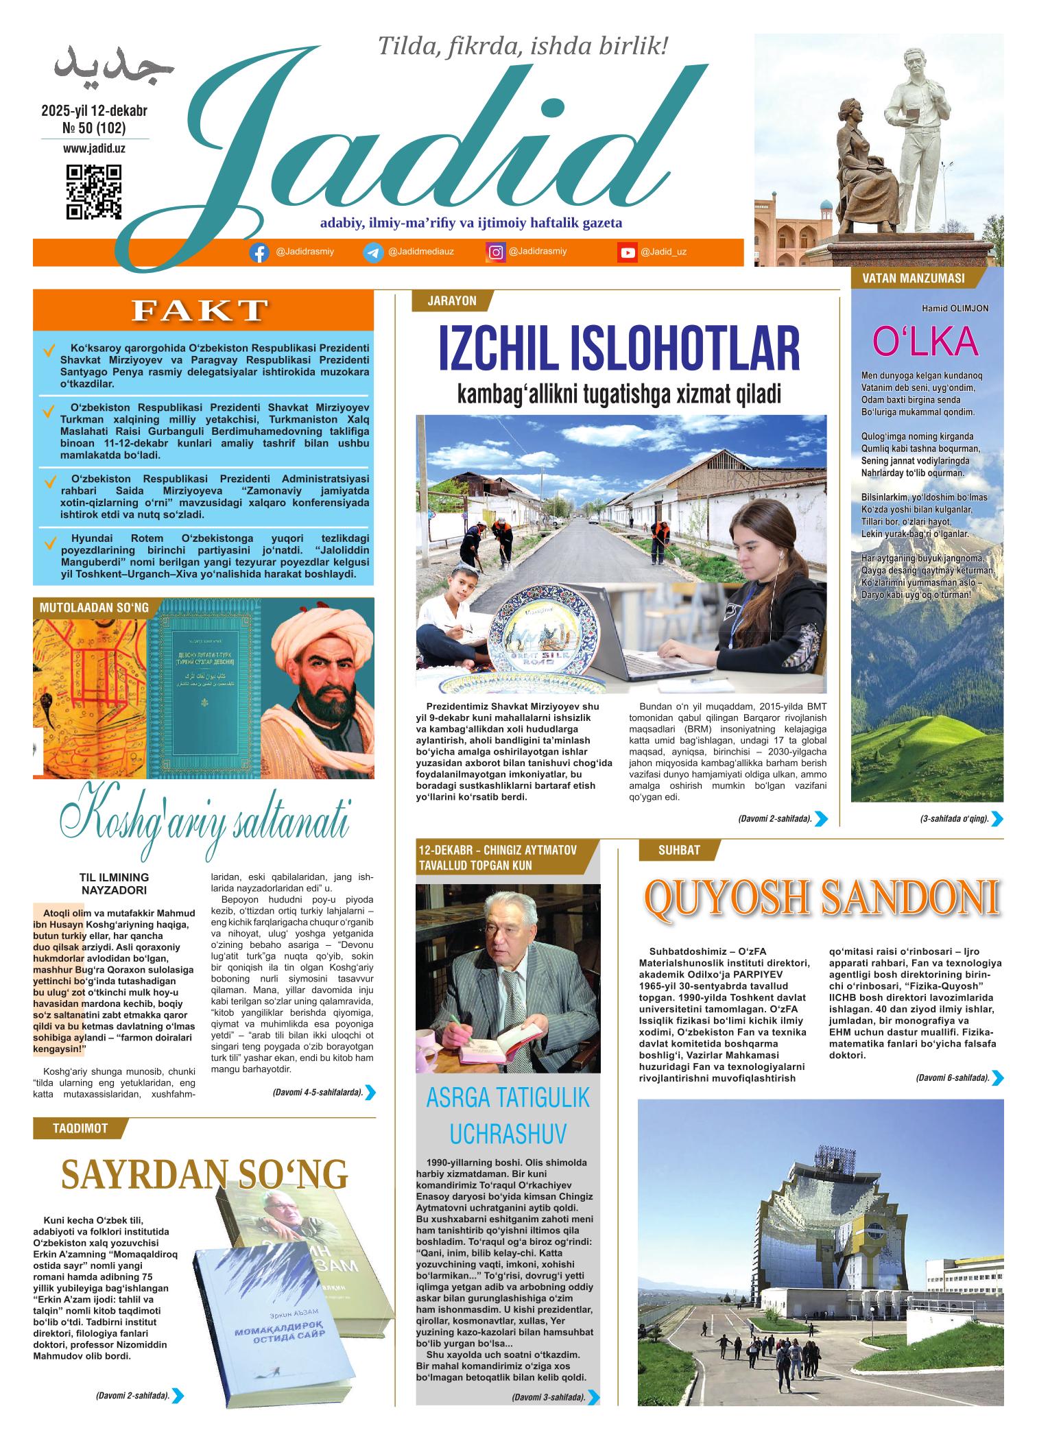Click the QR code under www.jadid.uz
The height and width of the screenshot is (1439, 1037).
(x=94, y=191)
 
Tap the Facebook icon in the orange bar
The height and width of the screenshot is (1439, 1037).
(x=259, y=252)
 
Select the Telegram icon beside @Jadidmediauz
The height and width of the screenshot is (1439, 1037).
(x=373, y=252)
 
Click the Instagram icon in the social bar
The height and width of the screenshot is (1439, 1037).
(x=495, y=252)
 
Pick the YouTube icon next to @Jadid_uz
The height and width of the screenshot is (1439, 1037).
(x=627, y=252)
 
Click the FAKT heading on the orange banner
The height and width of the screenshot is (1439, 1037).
(x=200, y=310)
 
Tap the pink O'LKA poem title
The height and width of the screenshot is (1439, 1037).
(x=925, y=342)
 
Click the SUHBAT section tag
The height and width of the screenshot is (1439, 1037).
(x=679, y=851)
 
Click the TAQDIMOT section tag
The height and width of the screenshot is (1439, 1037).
(x=80, y=1128)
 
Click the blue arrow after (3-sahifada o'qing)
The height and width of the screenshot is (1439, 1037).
(x=997, y=818)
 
